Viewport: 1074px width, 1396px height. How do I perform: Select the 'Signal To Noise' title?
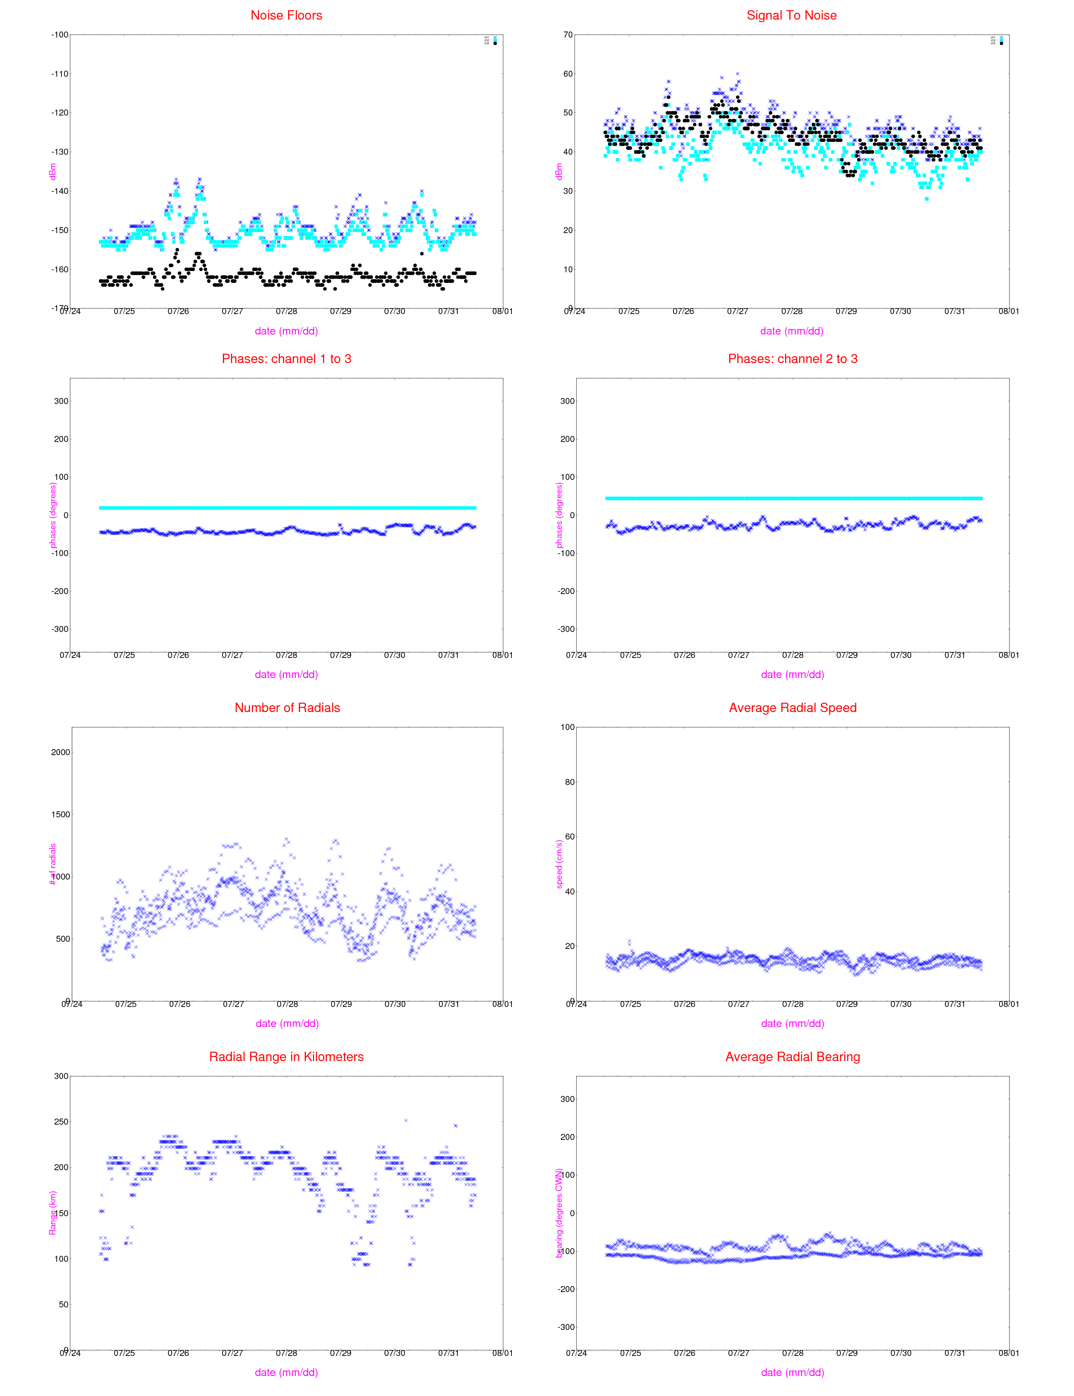(x=791, y=15)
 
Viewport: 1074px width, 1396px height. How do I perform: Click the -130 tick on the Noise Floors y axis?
(x=60, y=152)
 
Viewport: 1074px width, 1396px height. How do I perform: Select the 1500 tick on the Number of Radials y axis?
(x=61, y=814)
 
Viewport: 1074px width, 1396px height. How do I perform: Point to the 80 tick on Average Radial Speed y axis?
(x=568, y=782)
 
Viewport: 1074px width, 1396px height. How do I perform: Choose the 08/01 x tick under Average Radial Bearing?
(x=1009, y=1353)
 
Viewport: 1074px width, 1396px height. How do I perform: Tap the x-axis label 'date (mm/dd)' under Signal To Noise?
(x=791, y=331)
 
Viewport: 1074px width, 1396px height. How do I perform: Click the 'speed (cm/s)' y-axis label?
(x=559, y=864)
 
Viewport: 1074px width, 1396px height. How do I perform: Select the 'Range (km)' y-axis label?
(x=53, y=1213)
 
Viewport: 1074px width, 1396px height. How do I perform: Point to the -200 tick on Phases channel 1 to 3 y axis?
(x=60, y=591)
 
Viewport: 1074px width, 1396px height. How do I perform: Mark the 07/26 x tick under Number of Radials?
(x=180, y=1004)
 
